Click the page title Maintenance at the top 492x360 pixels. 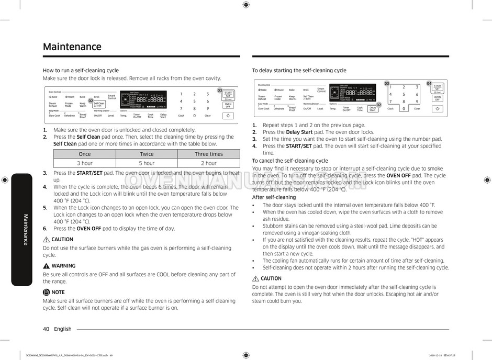(72, 47)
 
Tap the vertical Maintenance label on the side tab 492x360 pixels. (25, 229)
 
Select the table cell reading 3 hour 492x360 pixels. (84, 163)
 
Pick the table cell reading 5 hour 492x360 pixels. (147, 163)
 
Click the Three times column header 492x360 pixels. (208, 154)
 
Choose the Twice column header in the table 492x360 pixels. (147, 154)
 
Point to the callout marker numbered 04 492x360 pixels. (429, 84)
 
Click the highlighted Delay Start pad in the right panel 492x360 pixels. (372, 109)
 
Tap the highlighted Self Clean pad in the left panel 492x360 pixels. (99, 104)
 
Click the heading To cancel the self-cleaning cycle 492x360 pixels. (290, 161)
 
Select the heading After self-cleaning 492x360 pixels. (274, 197)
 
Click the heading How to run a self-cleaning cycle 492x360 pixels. (81, 70)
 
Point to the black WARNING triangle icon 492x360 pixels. (46, 266)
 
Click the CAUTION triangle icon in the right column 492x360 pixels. (255, 278)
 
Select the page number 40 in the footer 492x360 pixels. (46, 329)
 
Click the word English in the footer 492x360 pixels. (63, 329)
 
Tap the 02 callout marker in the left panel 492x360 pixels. (91, 100)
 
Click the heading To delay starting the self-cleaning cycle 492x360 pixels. (299, 70)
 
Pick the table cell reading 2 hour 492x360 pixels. (208, 163)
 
